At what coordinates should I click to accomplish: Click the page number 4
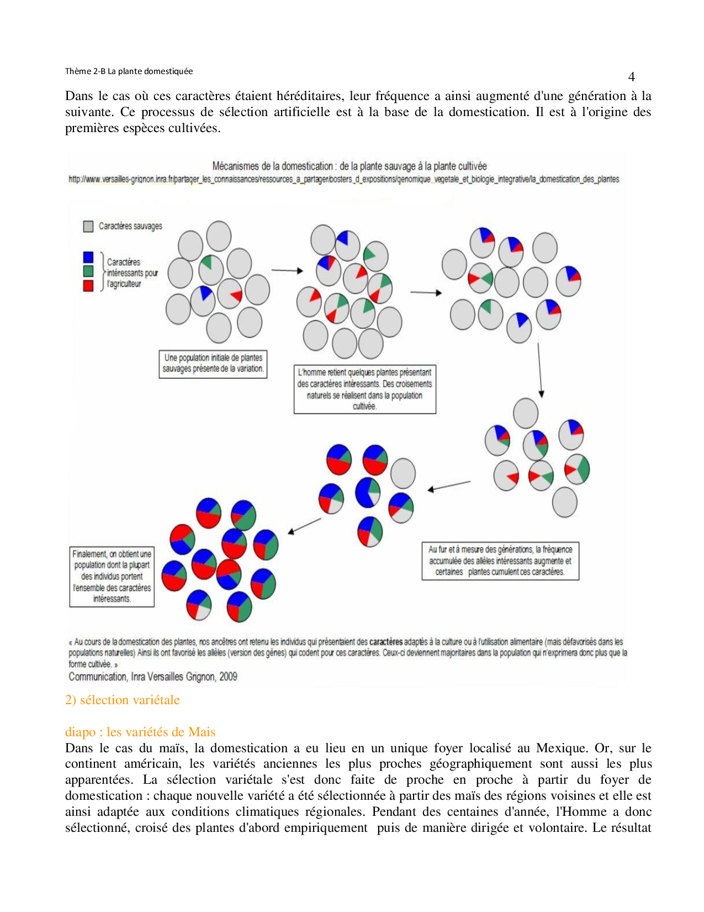631,77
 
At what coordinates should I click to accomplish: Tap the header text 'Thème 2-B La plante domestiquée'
129,71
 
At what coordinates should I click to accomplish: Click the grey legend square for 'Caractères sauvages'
88,226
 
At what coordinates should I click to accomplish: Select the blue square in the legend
88,257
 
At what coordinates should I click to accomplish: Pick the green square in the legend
88,271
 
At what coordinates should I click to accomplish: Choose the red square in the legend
88,285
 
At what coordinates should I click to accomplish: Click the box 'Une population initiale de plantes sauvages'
213,364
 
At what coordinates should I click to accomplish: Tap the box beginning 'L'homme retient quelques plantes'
364,389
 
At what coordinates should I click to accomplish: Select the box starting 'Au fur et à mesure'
500,560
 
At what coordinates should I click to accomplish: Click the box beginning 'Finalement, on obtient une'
112,576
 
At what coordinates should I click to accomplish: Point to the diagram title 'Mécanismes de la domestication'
350,166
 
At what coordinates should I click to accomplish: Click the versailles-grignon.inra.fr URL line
343,179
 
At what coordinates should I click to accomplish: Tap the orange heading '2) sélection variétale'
122,700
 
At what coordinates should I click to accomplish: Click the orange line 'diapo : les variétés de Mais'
140,732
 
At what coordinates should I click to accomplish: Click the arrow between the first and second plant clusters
287,270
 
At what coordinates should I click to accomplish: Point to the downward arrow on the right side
540,369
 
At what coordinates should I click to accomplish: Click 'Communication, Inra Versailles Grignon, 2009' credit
152,677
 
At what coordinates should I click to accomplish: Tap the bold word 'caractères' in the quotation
385,642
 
